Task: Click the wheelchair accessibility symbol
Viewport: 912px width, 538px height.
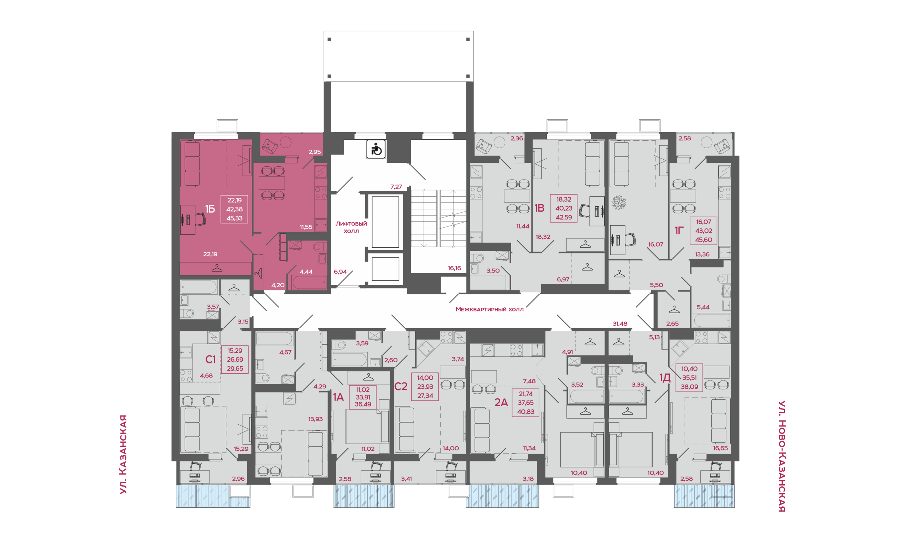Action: point(376,149)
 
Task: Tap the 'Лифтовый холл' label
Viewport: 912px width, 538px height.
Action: point(351,227)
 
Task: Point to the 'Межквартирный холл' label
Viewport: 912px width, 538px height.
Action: point(489,309)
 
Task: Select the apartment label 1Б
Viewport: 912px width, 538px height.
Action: point(210,209)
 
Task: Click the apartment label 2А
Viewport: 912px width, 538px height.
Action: point(501,402)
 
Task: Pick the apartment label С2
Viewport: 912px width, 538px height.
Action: point(400,387)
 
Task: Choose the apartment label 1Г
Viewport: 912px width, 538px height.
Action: point(679,231)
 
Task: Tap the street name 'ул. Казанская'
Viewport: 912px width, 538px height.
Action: point(123,454)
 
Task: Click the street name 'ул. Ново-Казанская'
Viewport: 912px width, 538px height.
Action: point(782,456)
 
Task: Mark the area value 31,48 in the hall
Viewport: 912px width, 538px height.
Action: point(620,324)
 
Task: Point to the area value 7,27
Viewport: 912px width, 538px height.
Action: point(396,187)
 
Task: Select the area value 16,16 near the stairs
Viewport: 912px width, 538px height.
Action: point(454,268)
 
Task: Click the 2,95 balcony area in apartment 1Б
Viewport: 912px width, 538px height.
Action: point(315,152)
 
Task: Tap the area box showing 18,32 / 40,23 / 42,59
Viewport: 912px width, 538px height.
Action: point(564,208)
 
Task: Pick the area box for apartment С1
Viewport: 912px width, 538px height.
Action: point(235,359)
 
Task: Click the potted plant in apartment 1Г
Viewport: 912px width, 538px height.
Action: point(619,203)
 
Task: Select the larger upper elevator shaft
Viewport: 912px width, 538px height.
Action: point(385,222)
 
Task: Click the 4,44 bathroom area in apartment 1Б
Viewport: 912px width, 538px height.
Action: point(306,272)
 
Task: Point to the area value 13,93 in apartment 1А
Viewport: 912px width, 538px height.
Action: point(315,419)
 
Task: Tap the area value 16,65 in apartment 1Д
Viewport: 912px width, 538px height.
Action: point(720,449)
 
